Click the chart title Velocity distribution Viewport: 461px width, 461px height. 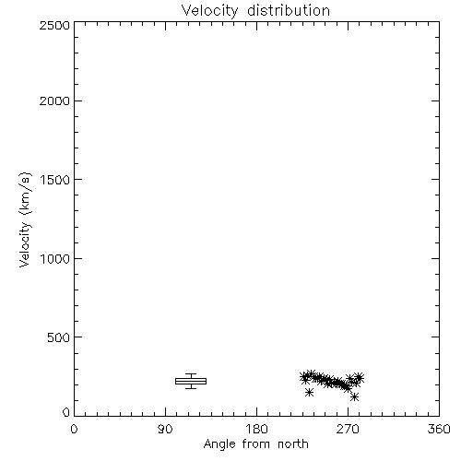coord(255,10)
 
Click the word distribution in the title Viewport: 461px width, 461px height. coord(289,10)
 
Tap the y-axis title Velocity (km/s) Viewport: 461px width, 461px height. coord(25,219)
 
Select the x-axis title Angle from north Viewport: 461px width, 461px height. coord(255,443)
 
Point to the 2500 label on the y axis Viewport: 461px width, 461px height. coord(54,25)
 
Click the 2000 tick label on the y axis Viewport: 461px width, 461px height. coord(54,100)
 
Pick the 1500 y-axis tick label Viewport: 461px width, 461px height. coord(55,180)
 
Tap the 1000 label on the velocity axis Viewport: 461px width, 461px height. coord(55,258)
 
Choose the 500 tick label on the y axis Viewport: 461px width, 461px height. coord(59,337)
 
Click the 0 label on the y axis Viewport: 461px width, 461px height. coord(66,412)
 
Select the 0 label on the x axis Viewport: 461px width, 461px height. coord(74,429)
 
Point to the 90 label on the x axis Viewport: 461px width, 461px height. coord(165,429)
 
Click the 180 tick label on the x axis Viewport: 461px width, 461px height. coord(256,429)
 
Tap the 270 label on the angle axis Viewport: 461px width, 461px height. coord(348,429)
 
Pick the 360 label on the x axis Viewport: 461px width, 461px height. coord(439,429)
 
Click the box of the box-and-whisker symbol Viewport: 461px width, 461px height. coord(191,381)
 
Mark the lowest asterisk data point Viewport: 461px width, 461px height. coord(354,397)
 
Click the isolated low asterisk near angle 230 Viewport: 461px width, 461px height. coord(309,392)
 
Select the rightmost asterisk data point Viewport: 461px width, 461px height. coord(360,377)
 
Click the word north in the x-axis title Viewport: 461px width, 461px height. coord(293,443)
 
